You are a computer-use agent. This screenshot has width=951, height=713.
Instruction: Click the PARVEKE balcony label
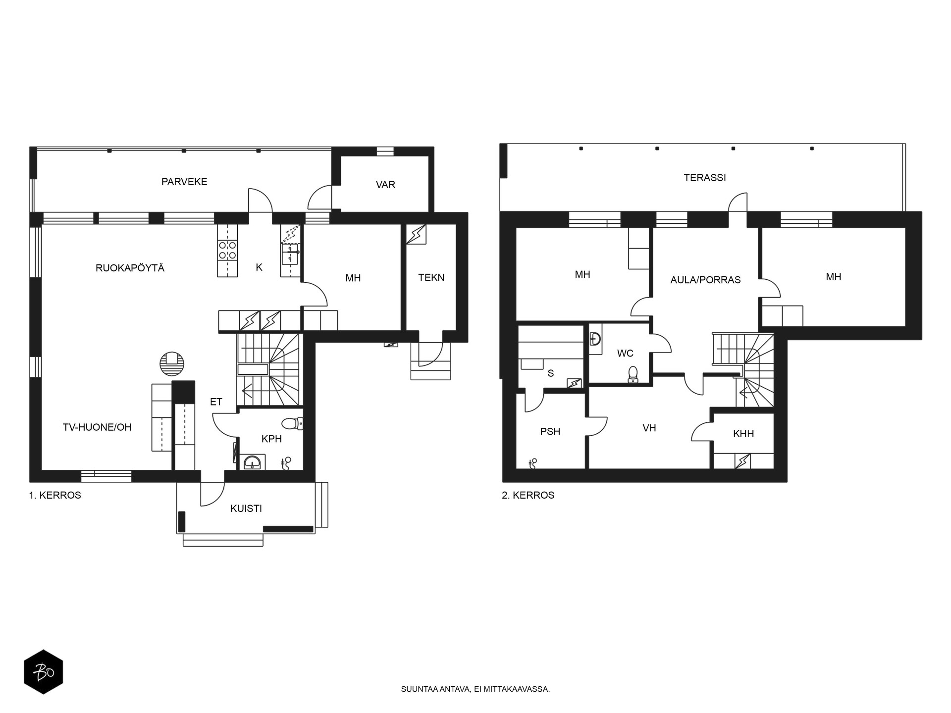click(x=184, y=182)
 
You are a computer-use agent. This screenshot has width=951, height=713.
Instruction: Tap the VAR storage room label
click(x=385, y=185)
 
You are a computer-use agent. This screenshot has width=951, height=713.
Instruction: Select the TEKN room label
click(x=431, y=278)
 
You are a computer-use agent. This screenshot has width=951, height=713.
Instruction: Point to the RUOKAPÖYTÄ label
click(x=130, y=268)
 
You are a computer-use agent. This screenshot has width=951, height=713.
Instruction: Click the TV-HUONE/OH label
click(x=97, y=427)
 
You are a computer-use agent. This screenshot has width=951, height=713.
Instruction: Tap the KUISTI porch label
click(x=246, y=509)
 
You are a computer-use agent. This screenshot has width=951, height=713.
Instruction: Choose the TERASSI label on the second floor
click(x=705, y=177)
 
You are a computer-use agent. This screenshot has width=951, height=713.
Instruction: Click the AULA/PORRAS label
click(x=705, y=280)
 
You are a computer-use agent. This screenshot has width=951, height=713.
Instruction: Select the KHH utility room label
click(x=743, y=434)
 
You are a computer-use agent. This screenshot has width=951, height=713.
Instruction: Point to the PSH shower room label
click(x=550, y=432)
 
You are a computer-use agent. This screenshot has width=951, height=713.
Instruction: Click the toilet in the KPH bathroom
click(x=292, y=424)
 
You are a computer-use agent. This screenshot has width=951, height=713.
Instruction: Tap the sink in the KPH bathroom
click(x=253, y=463)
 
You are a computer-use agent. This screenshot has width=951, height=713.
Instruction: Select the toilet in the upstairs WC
click(x=633, y=375)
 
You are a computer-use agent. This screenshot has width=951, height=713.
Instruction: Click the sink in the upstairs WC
click(x=595, y=339)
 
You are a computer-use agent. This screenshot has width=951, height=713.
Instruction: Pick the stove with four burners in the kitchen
click(x=227, y=250)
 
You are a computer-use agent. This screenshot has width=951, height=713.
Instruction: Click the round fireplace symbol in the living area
click(x=172, y=364)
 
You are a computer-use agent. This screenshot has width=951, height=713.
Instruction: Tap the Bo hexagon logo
click(x=44, y=672)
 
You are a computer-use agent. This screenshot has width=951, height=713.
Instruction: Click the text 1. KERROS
click(x=55, y=495)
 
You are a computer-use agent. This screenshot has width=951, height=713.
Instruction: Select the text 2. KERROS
click(x=528, y=495)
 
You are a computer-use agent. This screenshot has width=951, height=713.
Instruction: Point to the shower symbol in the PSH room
click(x=533, y=463)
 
